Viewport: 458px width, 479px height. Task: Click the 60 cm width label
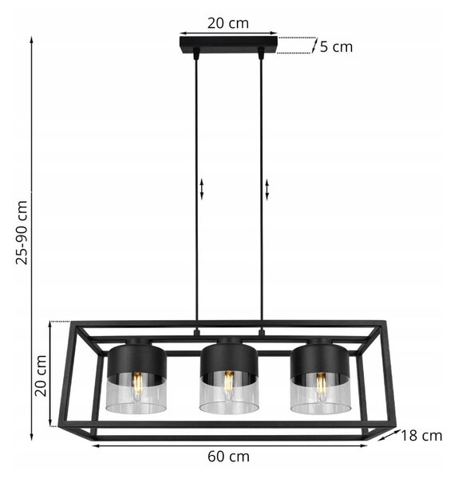click(228, 457)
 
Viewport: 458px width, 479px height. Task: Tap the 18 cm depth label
click(421, 436)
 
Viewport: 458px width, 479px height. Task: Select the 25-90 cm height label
click(22, 232)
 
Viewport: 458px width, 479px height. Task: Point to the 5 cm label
click(336, 47)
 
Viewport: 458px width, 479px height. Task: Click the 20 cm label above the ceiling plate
click(228, 23)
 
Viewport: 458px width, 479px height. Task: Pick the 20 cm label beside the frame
click(41, 376)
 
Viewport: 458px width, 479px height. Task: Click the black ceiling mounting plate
click(228, 45)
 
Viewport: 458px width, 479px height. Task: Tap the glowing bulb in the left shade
click(137, 386)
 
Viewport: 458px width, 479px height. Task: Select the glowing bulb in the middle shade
click(229, 386)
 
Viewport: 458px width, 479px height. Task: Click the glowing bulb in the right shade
click(321, 387)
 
